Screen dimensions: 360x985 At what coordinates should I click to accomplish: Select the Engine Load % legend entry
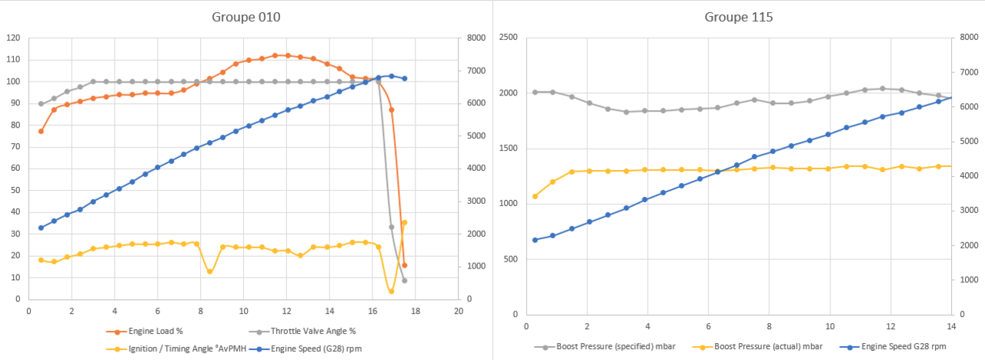click(153, 332)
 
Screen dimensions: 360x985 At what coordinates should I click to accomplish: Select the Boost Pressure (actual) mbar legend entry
click(750, 346)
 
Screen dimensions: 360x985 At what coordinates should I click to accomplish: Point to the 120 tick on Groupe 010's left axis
click(12, 38)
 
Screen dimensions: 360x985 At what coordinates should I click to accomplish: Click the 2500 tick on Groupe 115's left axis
click(509, 38)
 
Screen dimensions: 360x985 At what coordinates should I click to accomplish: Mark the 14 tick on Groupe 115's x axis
click(952, 326)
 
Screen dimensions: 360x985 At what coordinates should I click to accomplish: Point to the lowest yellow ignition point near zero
click(391, 292)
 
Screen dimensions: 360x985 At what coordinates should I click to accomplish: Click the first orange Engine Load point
click(41, 132)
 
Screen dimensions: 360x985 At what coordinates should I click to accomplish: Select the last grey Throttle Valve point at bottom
click(404, 280)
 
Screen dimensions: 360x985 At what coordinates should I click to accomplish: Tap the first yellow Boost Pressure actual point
click(535, 196)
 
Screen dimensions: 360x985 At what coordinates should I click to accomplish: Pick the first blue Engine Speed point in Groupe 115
click(535, 240)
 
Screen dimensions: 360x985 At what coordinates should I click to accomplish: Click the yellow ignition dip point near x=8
click(209, 271)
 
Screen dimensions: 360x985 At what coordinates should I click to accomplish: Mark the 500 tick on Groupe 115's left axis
click(512, 259)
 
